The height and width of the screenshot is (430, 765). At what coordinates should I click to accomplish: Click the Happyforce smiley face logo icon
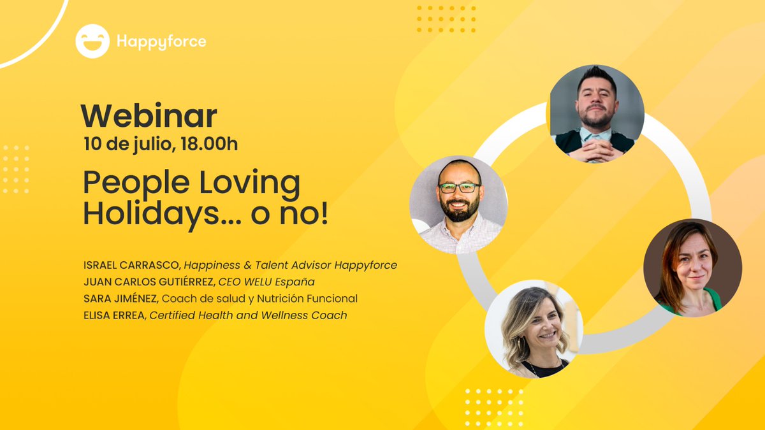(x=92, y=41)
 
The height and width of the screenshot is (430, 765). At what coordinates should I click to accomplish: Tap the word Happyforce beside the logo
(x=161, y=42)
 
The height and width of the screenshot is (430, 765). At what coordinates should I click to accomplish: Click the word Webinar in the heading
(x=149, y=116)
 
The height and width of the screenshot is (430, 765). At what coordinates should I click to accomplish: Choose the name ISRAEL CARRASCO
(x=131, y=265)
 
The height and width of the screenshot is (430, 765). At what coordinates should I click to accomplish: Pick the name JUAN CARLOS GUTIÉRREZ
(x=148, y=282)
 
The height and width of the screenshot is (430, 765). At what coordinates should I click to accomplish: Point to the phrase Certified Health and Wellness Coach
(x=249, y=315)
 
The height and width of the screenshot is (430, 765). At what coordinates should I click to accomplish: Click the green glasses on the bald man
(x=459, y=188)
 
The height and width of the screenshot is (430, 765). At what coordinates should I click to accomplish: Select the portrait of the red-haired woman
(x=692, y=268)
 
